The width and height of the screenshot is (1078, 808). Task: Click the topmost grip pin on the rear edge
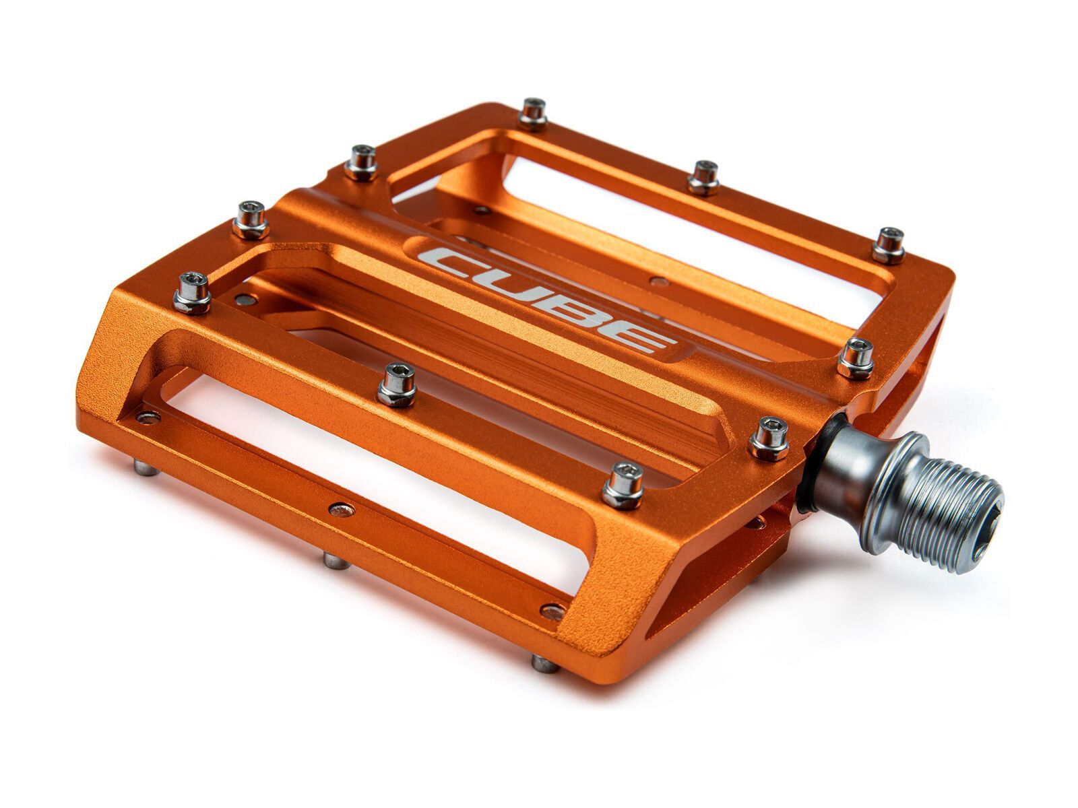533,113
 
